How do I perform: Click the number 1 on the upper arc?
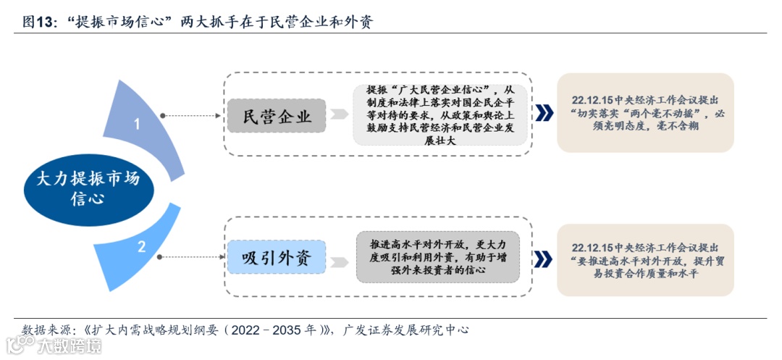pyautogui.click(x=136, y=124)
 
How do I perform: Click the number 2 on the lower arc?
pyautogui.click(x=142, y=246)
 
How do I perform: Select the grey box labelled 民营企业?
pyautogui.click(x=277, y=116)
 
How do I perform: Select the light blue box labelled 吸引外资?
pyautogui.click(x=277, y=258)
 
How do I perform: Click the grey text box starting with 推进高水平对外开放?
pyautogui.click(x=437, y=257)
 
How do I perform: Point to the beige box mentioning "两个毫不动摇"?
pyautogui.click(x=644, y=112)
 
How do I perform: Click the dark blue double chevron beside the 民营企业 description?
pyautogui.click(x=544, y=113)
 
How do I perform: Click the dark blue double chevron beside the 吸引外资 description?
pyautogui.click(x=544, y=259)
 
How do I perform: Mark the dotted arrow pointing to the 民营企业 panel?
pyautogui.click(x=190, y=115)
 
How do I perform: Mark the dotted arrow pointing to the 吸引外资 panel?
pyautogui.click(x=190, y=257)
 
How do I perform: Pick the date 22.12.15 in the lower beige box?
pyautogui.click(x=592, y=247)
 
